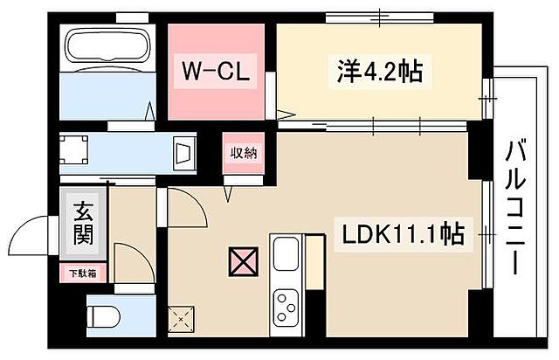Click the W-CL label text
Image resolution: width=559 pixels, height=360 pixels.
217,71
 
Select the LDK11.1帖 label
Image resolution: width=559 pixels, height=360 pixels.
402,234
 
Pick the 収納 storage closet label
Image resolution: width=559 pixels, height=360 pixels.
244,154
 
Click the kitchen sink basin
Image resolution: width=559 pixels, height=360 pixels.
286,254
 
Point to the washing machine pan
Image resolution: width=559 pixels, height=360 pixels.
75,149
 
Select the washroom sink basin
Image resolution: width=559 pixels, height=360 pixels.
186,153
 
